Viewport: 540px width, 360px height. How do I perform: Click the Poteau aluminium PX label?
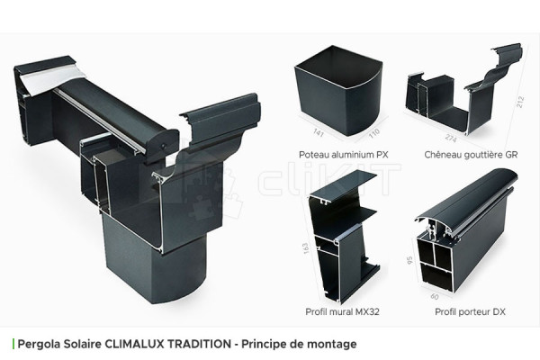[x=338, y=154]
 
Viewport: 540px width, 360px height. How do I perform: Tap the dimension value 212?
[x=520, y=104]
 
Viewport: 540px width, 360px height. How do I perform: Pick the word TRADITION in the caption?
[x=206, y=344]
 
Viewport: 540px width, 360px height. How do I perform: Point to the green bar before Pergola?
[x=13, y=344]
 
